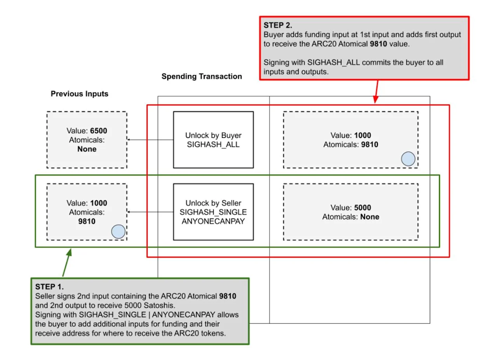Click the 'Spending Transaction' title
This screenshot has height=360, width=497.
(x=202, y=77)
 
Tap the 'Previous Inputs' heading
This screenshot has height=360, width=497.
(x=80, y=94)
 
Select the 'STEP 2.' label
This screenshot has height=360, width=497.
(x=278, y=25)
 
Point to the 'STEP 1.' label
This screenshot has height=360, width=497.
(x=49, y=287)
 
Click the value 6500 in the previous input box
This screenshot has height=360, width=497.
(x=99, y=131)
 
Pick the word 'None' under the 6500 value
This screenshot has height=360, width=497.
(x=87, y=149)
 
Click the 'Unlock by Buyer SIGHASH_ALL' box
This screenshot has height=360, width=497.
(x=214, y=140)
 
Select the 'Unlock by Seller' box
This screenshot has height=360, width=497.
(x=214, y=212)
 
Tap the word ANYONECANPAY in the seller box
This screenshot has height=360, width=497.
(x=213, y=221)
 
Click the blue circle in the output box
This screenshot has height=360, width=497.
(x=408, y=159)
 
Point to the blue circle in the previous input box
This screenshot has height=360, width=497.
(x=118, y=231)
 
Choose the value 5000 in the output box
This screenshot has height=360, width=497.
(x=363, y=207)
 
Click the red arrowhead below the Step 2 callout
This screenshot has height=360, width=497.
(x=375, y=99)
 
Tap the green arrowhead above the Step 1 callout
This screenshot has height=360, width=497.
(x=70, y=252)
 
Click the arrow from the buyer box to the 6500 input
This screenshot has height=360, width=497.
(x=150, y=139)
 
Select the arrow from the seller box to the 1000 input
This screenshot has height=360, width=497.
(x=150, y=212)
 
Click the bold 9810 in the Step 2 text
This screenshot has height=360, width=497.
(x=379, y=44)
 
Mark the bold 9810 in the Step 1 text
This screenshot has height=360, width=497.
(x=228, y=296)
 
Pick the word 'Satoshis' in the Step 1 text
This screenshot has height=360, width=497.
(x=159, y=305)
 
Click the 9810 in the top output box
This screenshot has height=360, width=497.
(x=370, y=144)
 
